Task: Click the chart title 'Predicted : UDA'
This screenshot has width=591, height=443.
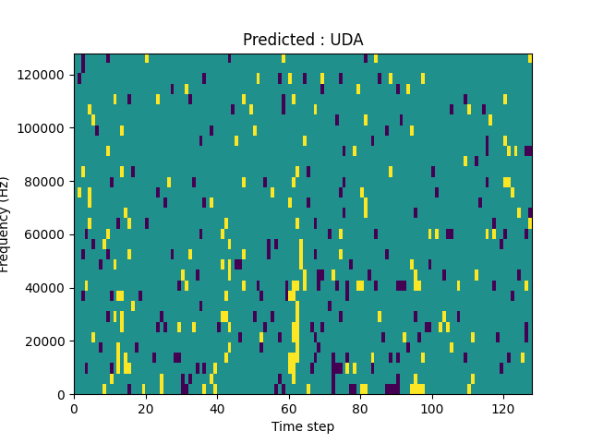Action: click(x=303, y=40)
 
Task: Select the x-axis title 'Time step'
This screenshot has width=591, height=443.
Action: click(x=303, y=426)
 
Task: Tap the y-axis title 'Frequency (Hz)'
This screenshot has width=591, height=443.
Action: click(x=6, y=224)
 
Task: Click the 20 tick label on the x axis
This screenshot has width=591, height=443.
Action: click(x=145, y=408)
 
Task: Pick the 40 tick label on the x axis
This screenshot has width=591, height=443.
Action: click(x=217, y=408)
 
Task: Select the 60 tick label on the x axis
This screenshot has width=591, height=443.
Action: click(x=288, y=408)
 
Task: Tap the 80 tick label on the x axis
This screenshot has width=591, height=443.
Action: click(x=360, y=408)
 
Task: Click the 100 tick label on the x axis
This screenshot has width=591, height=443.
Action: click(x=431, y=408)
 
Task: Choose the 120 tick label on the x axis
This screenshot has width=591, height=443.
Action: click(x=503, y=408)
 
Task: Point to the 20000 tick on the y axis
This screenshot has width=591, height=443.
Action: click(x=46, y=341)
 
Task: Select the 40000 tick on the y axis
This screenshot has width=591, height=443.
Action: click(x=46, y=288)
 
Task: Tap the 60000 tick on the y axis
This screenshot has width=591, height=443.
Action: click(x=46, y=234)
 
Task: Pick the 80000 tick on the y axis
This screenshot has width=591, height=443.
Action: click(x=46, y=181)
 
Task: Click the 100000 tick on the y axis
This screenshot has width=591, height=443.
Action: click(x=43, y=127)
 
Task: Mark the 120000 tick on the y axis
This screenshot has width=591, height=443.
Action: click(x=43, y=74)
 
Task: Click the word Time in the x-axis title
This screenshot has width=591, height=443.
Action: click(x=285, y=426)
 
